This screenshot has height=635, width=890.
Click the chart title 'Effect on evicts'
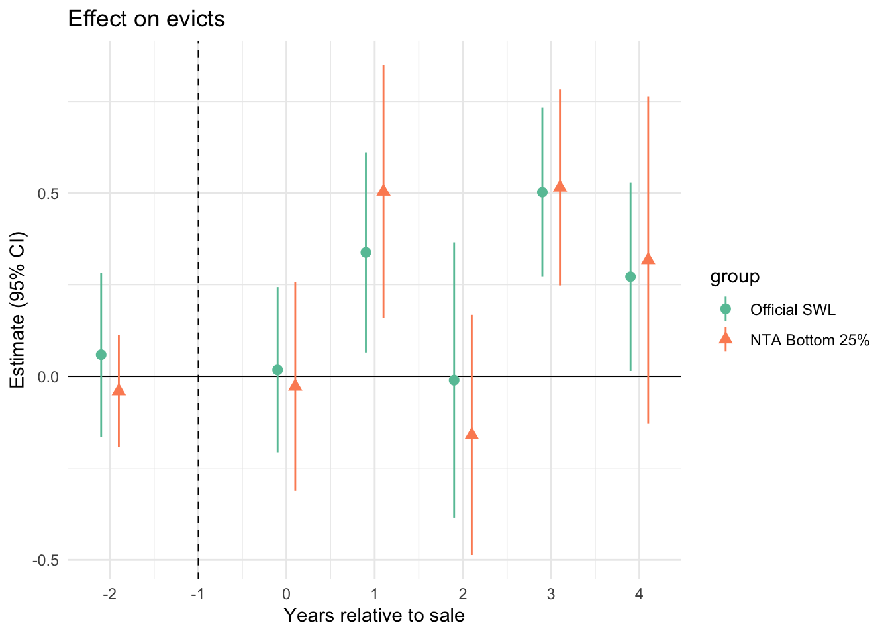[146, 19]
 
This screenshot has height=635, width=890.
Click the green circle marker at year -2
[101, 355]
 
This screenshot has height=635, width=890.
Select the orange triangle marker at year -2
[119, 390]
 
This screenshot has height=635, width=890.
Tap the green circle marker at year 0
[277, 370]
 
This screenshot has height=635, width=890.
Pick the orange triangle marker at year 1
[383, 190]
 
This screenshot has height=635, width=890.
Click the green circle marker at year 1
[366, 252]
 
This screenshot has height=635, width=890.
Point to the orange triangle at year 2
[471, 434]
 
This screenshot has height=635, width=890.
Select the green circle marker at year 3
[542, 192]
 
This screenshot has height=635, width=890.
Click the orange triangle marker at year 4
[648, 259]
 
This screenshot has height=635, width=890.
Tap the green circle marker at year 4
[630, 276]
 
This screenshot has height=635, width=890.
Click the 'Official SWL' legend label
[793, 310]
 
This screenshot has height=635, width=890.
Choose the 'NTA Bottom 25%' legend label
[809, 341]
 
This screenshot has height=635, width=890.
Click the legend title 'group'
[734, 276]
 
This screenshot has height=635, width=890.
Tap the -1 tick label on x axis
[197, 594]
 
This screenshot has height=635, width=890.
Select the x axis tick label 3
[551, 594]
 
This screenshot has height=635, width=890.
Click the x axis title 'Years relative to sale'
[374, 616]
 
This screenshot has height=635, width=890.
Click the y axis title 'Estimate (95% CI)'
[17, 310]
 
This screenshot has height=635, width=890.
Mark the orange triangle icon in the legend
[726, 340]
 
